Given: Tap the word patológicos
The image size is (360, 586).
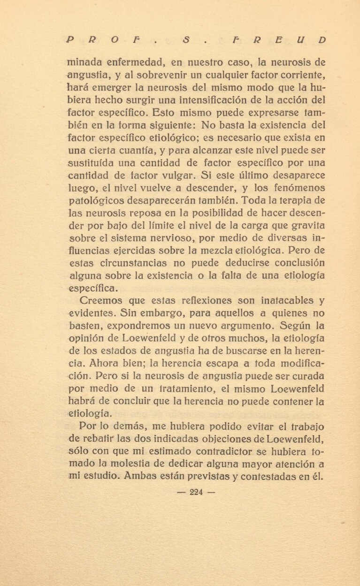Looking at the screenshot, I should [96, 202].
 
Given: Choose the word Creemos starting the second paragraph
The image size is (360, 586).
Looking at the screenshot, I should [101, 300].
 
